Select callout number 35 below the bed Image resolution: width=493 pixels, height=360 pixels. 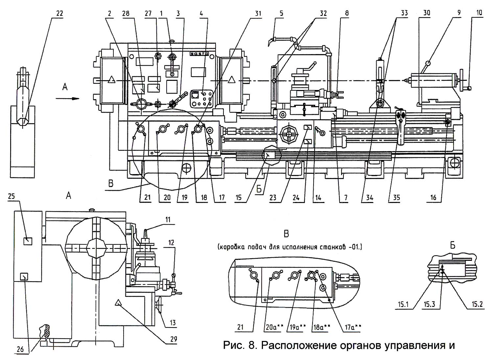(396, 197)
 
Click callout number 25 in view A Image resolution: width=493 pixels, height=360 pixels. (11, 196)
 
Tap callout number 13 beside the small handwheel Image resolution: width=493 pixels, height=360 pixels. (173, 323)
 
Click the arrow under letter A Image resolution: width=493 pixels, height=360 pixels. (67, 99)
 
